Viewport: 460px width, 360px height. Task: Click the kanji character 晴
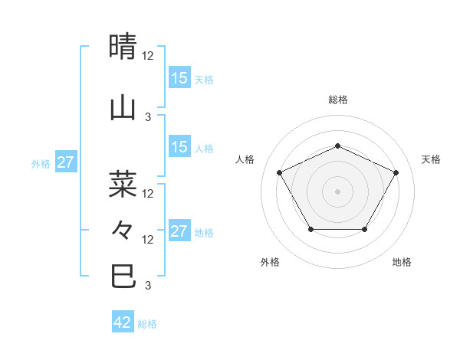[123, 47]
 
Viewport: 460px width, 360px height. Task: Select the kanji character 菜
[123, 183]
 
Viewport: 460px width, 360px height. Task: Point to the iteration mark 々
[123, 230]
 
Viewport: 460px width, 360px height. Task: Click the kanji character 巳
[123, 277]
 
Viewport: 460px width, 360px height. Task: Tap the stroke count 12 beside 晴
[148, 56]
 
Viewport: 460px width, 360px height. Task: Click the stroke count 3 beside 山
[148, 116]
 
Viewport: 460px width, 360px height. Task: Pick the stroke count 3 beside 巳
[148, 286]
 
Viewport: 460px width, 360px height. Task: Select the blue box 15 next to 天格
[179, 78]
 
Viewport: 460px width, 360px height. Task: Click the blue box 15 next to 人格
[179, 147]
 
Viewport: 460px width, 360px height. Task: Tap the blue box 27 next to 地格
[179, 231]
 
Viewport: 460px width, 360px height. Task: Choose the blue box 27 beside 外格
[66, 162]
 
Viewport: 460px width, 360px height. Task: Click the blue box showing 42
[123, 322]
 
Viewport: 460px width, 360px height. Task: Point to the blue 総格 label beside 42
[148, 324]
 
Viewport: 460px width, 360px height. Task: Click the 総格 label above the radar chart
[338, 100]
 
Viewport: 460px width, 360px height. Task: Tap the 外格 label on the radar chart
[270, 262]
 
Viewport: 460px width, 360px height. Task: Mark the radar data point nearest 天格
[396, 172]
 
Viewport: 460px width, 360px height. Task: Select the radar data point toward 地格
[365, 229]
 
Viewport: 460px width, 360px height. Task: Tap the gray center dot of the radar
[338, 191]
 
